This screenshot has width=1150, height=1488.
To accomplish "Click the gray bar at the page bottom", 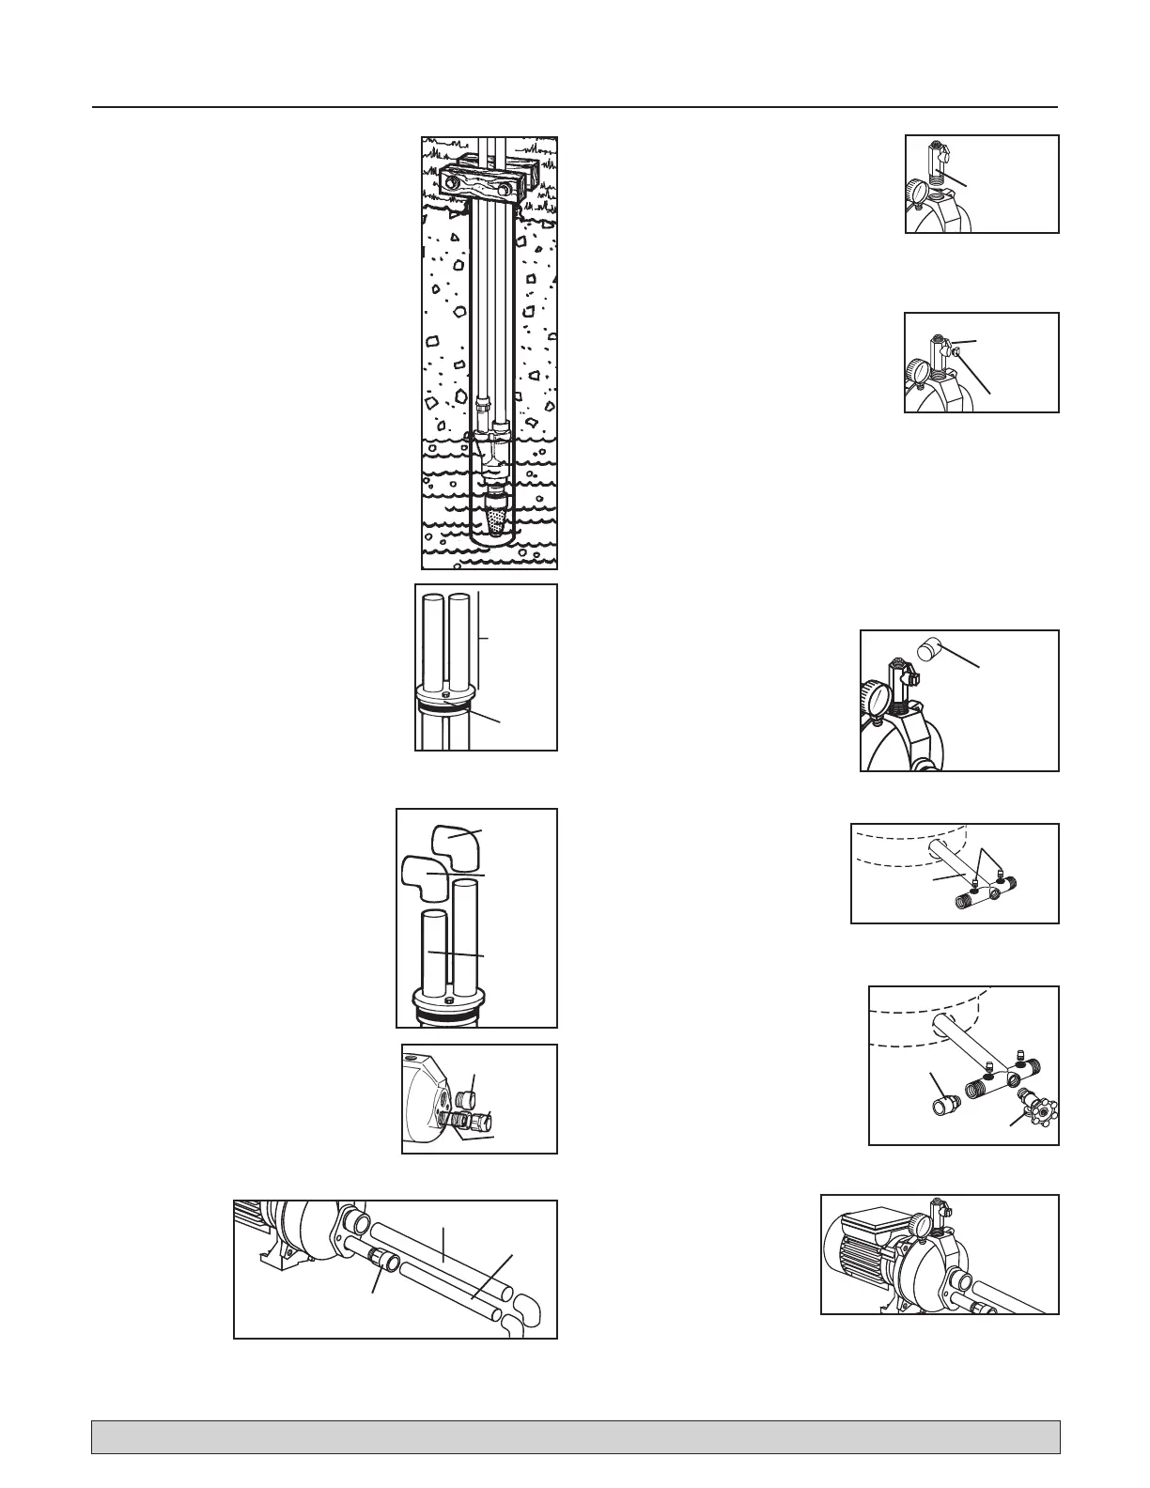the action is coord(575,1436).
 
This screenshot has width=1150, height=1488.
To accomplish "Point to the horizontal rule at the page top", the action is coord(575,107).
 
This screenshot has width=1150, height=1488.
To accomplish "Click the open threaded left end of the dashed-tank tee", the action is coord(959,899).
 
